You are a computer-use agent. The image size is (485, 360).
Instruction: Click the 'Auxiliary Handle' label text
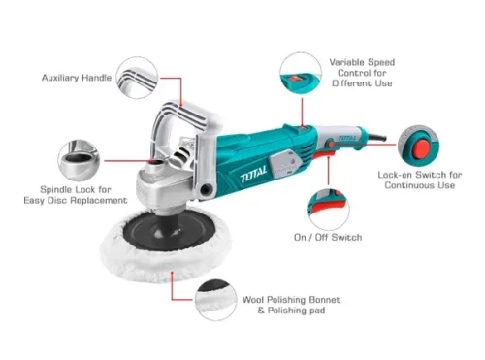point(77,78)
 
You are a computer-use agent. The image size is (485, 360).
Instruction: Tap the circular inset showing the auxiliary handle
point(137,78)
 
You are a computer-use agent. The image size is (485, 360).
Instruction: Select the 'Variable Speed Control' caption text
point(362,73)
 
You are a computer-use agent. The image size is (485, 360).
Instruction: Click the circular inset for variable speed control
point(301,73)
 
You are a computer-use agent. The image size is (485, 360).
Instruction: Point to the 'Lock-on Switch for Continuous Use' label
point(420,180)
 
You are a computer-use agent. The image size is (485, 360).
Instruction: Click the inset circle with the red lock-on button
point(419,146)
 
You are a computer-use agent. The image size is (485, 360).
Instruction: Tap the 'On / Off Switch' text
point(328,237)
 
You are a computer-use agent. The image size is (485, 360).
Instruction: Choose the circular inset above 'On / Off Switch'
point(329,210)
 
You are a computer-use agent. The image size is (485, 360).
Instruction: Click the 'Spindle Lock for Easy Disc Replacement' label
point(76,195)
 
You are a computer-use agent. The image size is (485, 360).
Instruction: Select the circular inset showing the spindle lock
point(79,161)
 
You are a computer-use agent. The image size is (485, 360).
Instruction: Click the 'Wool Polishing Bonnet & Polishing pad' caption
point(291,305)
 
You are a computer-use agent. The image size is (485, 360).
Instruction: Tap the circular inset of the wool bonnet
point(216,301)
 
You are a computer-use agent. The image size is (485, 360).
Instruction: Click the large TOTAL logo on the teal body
point(253,175)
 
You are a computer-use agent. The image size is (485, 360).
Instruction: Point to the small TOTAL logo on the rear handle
point(347,138)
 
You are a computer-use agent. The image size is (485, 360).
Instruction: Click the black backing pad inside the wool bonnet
point(169,230)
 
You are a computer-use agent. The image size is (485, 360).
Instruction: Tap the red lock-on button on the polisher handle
point(331,144)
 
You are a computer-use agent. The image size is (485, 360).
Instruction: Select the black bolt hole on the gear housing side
point(206,190)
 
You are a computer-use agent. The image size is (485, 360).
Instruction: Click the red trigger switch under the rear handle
point(325,154)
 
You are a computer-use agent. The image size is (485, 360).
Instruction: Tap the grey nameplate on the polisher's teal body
point(283,165)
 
